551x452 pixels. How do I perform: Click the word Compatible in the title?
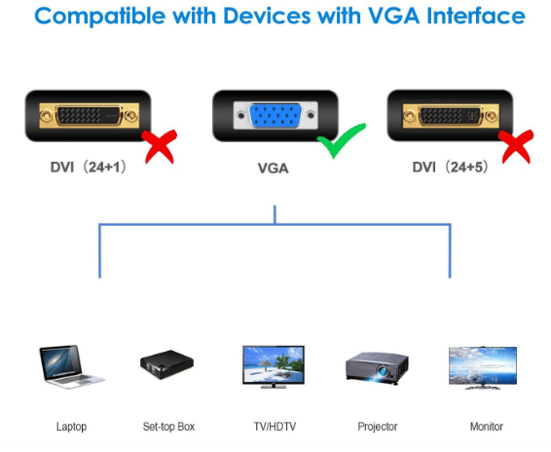[x=100, y=17]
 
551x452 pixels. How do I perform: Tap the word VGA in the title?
[x=393, y=16]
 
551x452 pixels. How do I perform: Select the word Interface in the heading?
[x=476, y=16]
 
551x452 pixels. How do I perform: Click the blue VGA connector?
[x=275, y=116]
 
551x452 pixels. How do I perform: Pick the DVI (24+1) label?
[x=89, y=168]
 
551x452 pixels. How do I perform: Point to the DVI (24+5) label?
[x=450, y=168]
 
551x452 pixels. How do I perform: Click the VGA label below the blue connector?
[x=273, y=169]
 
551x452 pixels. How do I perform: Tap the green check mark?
[x=340, y=140]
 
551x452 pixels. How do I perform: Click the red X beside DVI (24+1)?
[x=160, y=146]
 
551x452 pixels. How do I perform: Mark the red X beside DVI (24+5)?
[x=516, y=147]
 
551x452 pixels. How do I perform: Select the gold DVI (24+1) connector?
[x=89, y=116]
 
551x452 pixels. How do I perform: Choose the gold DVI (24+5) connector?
[x=451, y=116]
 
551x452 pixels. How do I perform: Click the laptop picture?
[x=71, y=366]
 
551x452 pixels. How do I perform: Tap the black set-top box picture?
[x=166, y=364]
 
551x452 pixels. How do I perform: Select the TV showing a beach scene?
[x=274, y=367]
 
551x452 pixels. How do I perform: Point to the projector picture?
[x=377, y=367]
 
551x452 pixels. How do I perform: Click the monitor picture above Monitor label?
[x=483, y=367]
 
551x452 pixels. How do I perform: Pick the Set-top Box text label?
[x=168, y=427]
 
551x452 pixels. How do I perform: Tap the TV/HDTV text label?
[x=275, y=427]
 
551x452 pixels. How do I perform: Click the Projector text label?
[x=378, y=427]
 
